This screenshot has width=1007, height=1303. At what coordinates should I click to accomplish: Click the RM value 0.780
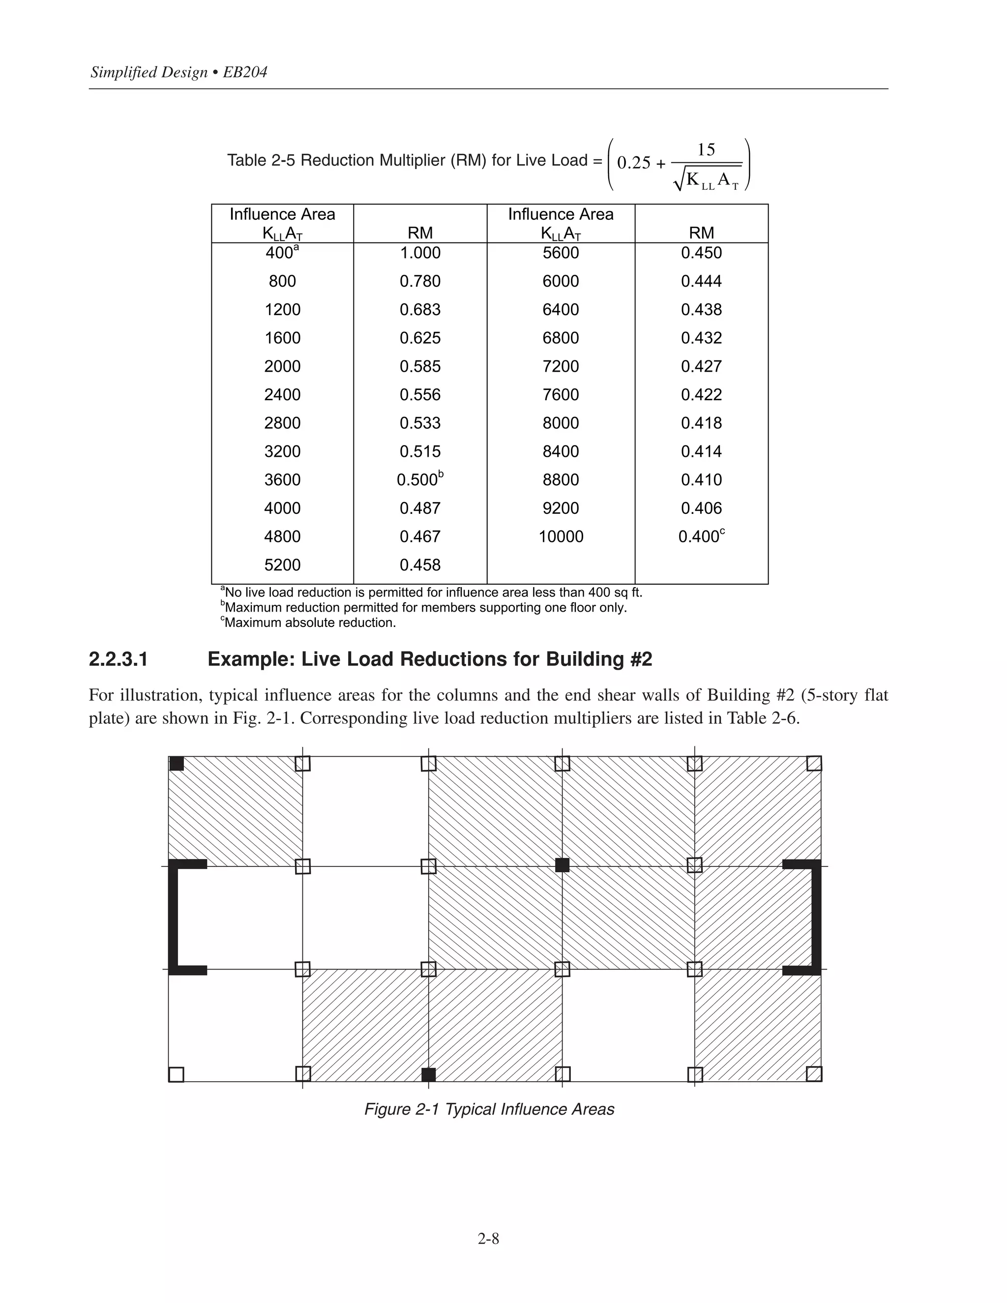420,281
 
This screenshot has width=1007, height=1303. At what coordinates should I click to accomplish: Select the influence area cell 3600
282,480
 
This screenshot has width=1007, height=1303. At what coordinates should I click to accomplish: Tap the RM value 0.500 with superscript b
420,480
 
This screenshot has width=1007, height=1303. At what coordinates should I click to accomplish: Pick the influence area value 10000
561,536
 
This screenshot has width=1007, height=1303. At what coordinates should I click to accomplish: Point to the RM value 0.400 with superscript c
701,536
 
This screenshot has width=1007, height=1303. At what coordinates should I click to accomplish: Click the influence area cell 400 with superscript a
282,252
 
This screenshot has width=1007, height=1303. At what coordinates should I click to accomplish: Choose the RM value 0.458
420,565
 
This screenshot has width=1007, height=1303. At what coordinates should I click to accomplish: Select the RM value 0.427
701,366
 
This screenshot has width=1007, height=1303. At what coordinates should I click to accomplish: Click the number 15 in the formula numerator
706,150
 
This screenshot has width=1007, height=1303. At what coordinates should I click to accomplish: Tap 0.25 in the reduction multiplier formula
633,163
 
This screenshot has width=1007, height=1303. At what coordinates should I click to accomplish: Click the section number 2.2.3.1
118,659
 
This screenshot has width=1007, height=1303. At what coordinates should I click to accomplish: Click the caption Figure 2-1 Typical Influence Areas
489,1109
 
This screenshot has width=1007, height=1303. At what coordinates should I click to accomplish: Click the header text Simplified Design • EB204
178,72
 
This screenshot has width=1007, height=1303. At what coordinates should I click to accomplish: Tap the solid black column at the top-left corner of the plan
177,764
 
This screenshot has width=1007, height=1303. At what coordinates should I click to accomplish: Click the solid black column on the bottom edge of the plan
428,1074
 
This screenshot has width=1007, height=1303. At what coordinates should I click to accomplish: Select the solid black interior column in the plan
562,865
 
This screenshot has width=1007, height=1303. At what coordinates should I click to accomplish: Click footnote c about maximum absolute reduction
308,623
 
